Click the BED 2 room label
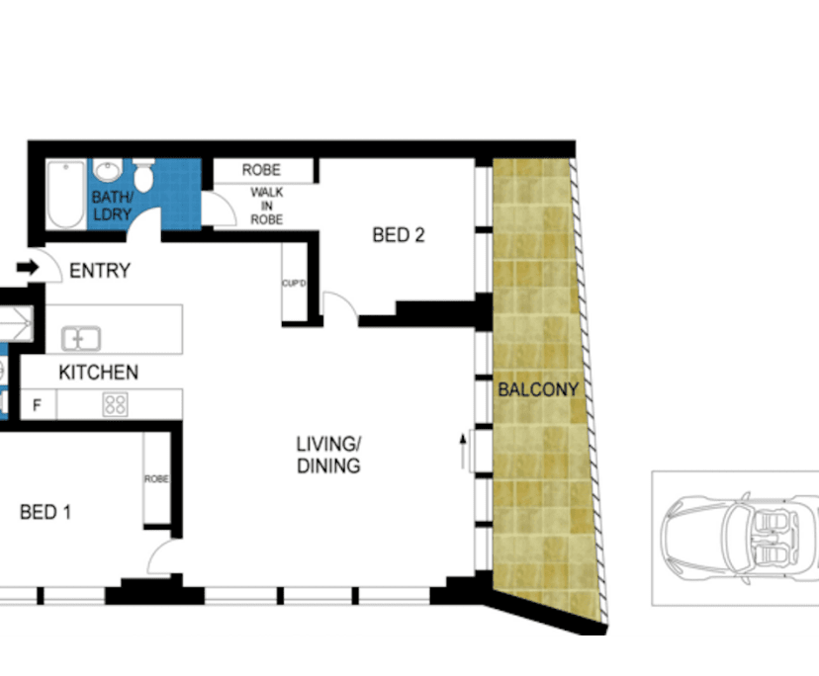399,235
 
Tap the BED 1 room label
45,513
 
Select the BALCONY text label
537,390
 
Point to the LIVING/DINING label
328,455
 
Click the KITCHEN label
98,374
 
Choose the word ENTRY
100,271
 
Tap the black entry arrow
27,267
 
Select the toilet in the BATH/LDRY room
144,178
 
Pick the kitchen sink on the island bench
81,339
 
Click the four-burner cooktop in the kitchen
116,403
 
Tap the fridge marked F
38,404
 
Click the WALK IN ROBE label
267,206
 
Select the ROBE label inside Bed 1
156,479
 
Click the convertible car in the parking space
736,538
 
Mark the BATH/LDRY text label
112,206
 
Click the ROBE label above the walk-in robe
261,170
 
